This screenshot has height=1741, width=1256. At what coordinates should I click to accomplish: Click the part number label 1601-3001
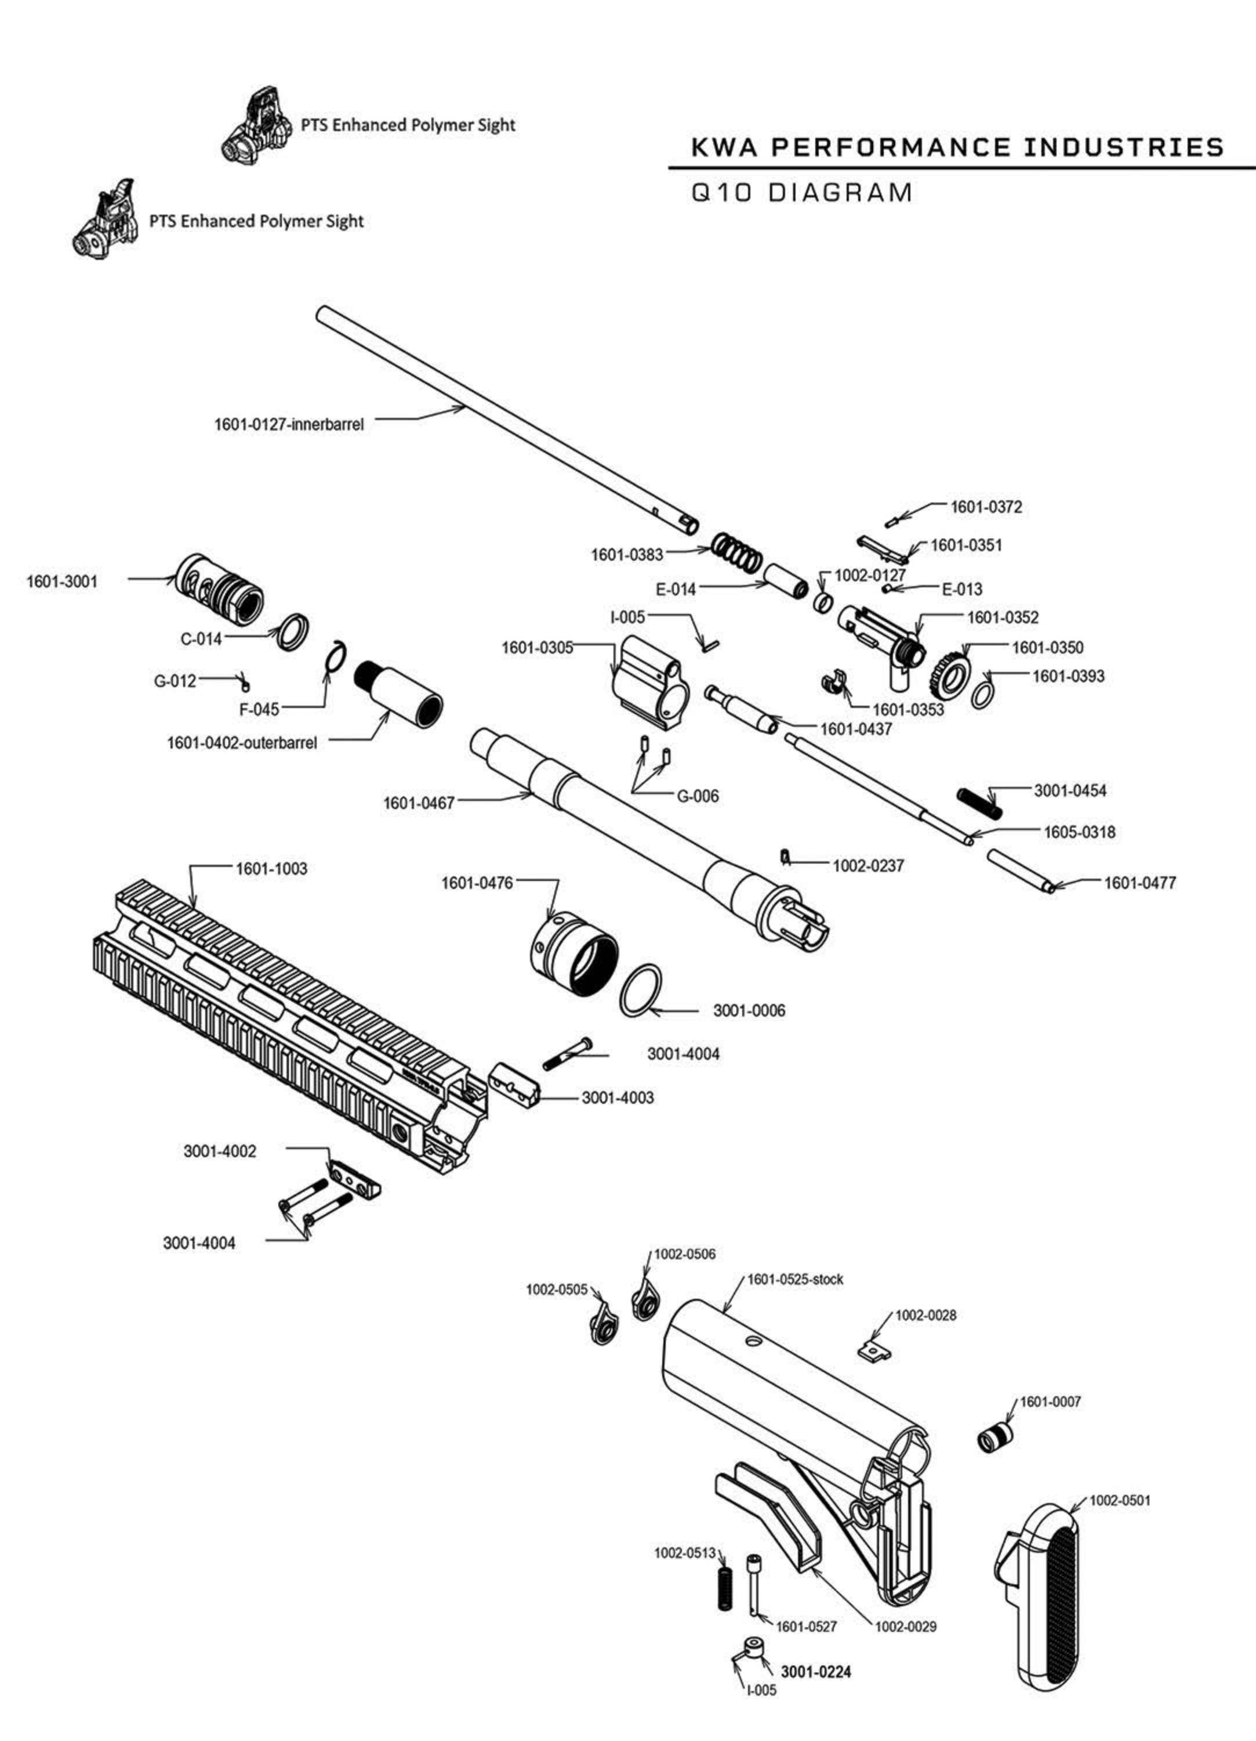62,582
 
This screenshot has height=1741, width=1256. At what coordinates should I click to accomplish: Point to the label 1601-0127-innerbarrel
289,424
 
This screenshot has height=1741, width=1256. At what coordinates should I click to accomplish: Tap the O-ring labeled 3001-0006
641,991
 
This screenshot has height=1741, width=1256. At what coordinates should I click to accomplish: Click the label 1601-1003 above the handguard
271,869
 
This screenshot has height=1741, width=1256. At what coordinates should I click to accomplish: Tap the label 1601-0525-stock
795,1280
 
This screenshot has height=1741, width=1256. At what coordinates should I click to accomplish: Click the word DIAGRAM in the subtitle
840,192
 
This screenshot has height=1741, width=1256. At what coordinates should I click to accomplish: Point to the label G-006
698,796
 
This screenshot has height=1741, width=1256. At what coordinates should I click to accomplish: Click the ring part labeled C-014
294,632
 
